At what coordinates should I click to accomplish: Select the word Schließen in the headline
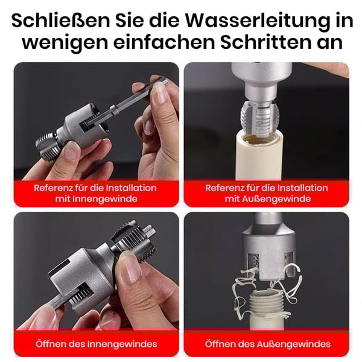point(61,21)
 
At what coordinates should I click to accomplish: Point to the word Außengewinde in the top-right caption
point(282,198)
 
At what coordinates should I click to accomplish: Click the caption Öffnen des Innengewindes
point(96,344)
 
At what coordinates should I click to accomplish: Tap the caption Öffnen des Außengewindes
point(267,344)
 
